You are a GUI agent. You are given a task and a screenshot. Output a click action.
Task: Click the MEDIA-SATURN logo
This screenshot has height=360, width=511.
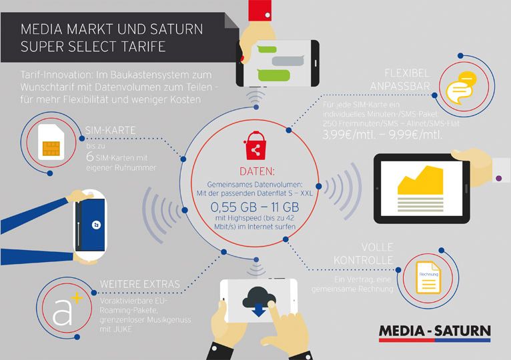point(434,333)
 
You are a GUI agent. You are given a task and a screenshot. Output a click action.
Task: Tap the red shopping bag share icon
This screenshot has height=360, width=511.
point(255,145)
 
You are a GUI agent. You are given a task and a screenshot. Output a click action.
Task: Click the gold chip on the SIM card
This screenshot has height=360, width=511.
point(51,148)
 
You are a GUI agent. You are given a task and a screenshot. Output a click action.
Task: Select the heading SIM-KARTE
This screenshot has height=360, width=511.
point(110,130)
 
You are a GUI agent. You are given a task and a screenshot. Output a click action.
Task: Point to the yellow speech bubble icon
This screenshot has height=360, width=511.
point(461,87)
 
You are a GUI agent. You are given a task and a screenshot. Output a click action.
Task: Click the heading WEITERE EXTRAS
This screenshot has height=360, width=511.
point(140,284)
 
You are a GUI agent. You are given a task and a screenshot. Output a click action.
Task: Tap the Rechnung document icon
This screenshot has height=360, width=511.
point(428,277)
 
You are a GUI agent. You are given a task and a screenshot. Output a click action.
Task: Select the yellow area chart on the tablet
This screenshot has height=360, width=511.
point(420,180)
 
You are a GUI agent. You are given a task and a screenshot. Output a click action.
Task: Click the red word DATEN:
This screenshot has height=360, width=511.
point(257,171)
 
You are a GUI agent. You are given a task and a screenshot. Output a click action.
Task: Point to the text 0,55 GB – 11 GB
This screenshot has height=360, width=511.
point(255,207)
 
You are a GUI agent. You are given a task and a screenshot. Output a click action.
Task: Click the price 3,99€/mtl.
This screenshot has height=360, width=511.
point(349,134)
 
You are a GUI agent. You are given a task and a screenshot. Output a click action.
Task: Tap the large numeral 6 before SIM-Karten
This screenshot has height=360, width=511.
point(90,157)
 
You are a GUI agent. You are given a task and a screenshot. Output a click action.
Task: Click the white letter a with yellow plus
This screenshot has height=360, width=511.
point(67,309)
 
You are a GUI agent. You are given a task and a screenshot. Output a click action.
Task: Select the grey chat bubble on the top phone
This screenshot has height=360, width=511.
point(288,61)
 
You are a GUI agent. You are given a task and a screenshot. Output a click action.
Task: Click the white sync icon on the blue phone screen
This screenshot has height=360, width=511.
point(96,225)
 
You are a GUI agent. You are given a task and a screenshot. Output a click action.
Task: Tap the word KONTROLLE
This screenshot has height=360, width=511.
point(363,260)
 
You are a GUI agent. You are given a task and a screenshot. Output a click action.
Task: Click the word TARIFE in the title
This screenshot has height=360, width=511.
point(143,47)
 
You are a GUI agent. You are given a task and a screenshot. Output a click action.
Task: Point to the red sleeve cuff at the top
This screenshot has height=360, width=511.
point(260,11)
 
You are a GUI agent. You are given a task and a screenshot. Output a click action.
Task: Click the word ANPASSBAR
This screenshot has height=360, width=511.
point(400,87)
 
